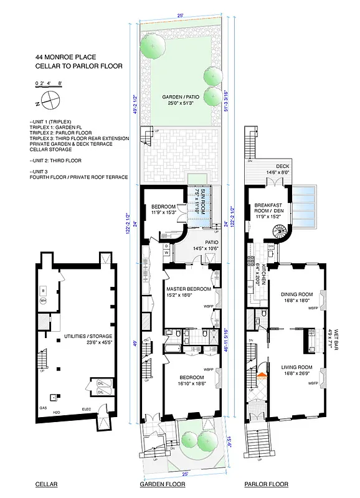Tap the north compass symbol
(x=52, y=98)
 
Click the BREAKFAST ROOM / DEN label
(x=264, y=209)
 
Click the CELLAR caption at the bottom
(x=47, y=484)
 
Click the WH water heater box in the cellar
(x=43, y=301)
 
